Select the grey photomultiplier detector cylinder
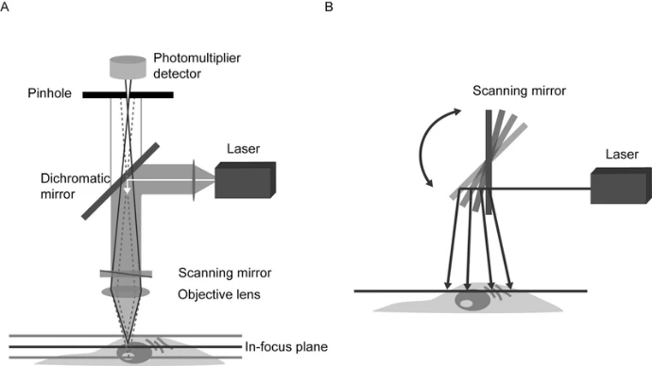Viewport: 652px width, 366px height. tap(129, 67)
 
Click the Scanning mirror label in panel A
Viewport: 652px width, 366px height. tap(226, 274)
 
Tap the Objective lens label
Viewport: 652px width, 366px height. tap(219, 293)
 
